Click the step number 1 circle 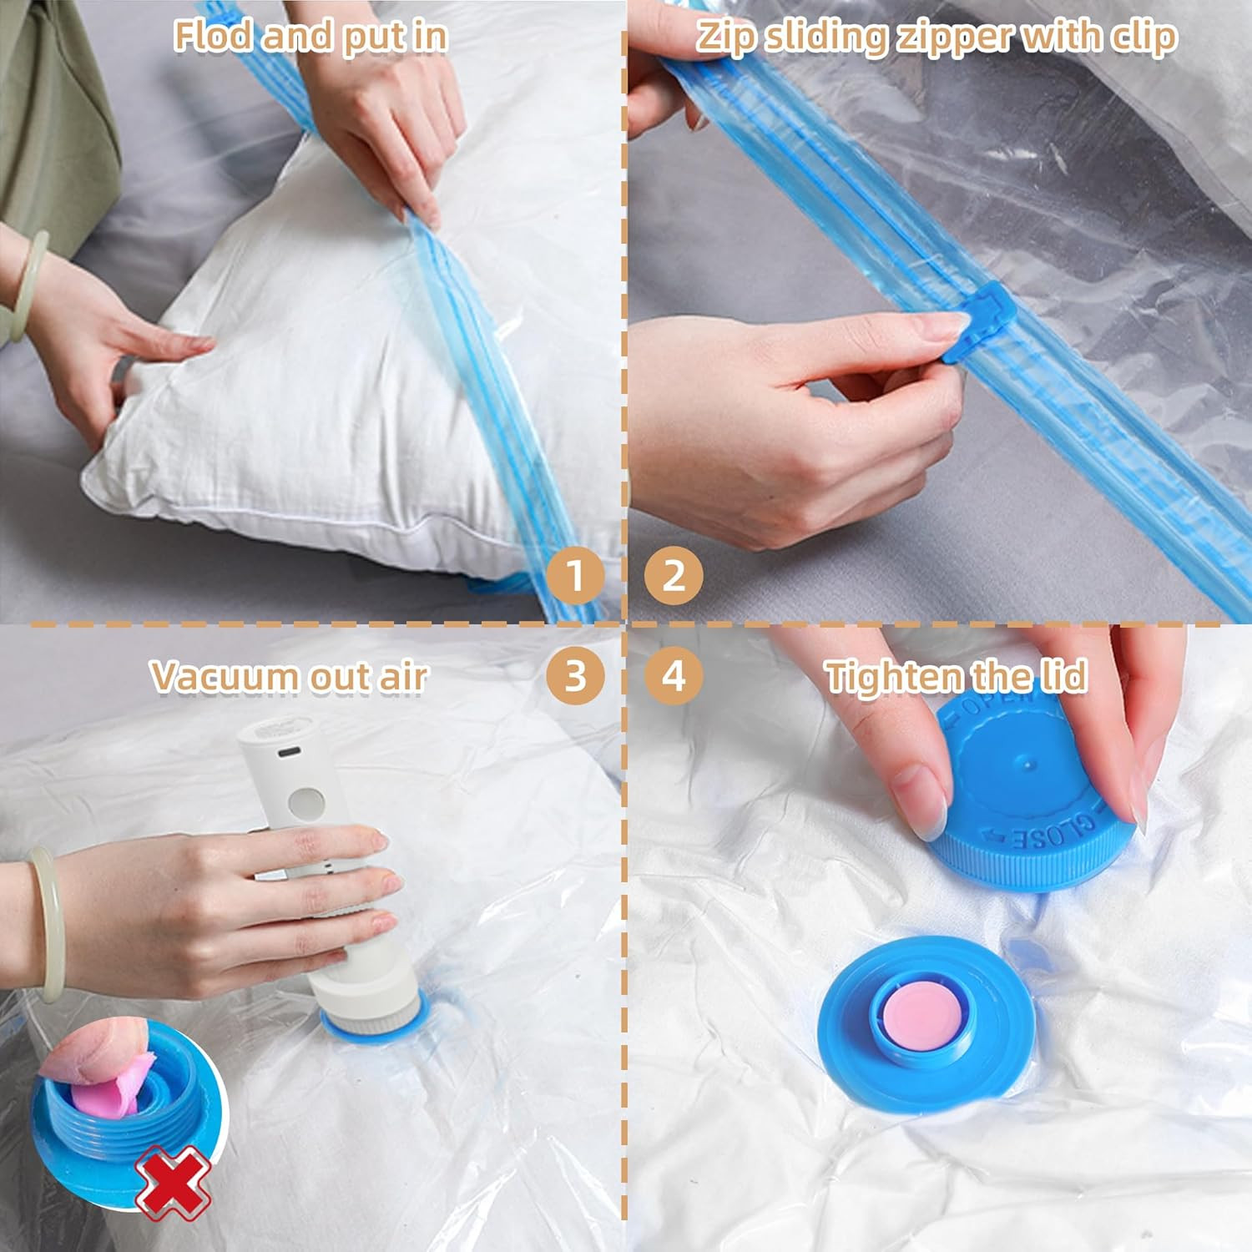(575, 575)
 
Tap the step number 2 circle (674, 575)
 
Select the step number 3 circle (575, 674)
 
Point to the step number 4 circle (674, 674)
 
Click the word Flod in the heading (212, 37)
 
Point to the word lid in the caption (1063, 676)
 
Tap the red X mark (173, 1182)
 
